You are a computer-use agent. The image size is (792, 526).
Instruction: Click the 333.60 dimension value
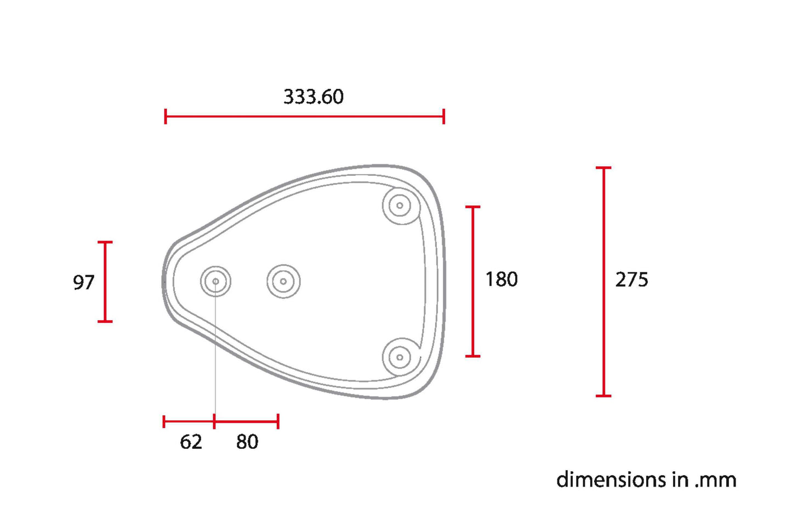(x=314, y=96)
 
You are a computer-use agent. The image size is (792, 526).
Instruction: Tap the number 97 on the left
(x=84, y=282)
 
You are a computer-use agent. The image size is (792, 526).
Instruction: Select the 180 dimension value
(x=502, y=279)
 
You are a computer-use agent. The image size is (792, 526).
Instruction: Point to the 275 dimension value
(x=632, y=279)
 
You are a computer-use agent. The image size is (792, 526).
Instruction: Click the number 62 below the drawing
(x=191, y=442)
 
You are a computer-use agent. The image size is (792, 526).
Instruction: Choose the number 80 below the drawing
(x=247, y=442)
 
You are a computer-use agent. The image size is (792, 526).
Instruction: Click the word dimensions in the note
(x=611, y=480)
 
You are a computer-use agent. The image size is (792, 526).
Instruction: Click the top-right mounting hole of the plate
(x=400, y=205)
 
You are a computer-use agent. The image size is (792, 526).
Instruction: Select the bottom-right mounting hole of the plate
(x=400, y=357)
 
